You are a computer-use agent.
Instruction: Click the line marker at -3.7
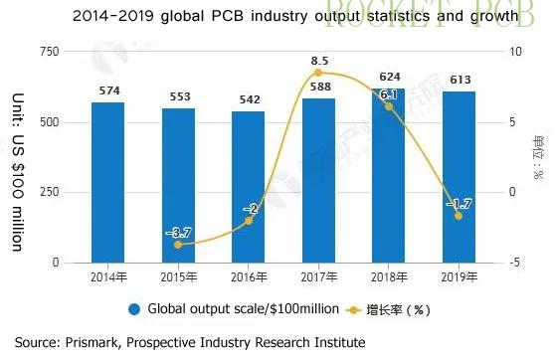178,244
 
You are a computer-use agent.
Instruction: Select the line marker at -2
249,220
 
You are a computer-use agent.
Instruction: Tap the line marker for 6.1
389,106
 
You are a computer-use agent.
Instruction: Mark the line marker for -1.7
459,216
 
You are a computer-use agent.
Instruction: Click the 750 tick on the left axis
47,52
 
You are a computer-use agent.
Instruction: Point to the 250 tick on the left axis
47,193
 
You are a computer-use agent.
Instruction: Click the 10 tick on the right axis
512,52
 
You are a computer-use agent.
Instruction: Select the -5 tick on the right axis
512,263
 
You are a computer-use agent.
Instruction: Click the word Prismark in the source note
92,342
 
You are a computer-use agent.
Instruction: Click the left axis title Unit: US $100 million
17,171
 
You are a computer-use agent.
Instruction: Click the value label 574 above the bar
108,91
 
